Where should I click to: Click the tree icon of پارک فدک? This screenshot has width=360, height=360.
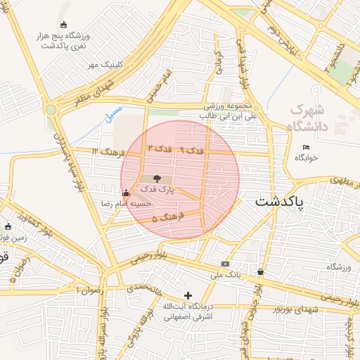(x=155, y=179)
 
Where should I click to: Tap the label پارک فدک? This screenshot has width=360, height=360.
(x=156, y=190)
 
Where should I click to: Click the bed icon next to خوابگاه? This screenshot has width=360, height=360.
(x=305, y=147)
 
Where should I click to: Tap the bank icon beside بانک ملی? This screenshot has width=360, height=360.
(x=225, y=263)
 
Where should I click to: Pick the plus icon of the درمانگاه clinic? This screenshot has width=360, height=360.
(x=187, y=295)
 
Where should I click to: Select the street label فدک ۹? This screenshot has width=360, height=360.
(x=191, y=151)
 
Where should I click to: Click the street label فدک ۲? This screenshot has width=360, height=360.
(x=160, y=148)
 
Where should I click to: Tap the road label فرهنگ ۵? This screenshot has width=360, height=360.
(x=164, y=219)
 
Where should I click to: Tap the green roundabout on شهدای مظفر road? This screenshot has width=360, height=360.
(x=51, y=110)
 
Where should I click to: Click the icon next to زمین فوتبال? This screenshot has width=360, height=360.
(x=8, y=227)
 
